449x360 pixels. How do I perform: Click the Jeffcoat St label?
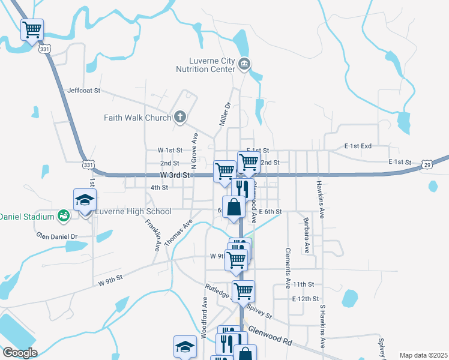click(83, 91)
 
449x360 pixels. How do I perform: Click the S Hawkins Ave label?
click(322, 326)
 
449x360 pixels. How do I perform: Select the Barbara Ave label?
click(306, 235)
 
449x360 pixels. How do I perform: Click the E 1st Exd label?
click(358, 146)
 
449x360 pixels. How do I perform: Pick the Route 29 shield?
click(426, 164)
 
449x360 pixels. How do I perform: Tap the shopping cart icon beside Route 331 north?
click(32, 29)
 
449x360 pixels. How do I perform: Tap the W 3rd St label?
click(175, 175)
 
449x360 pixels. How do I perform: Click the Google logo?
click(20, 353)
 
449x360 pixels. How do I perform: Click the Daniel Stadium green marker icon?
click(63, 215)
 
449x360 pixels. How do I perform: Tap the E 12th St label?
click(303, 298)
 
